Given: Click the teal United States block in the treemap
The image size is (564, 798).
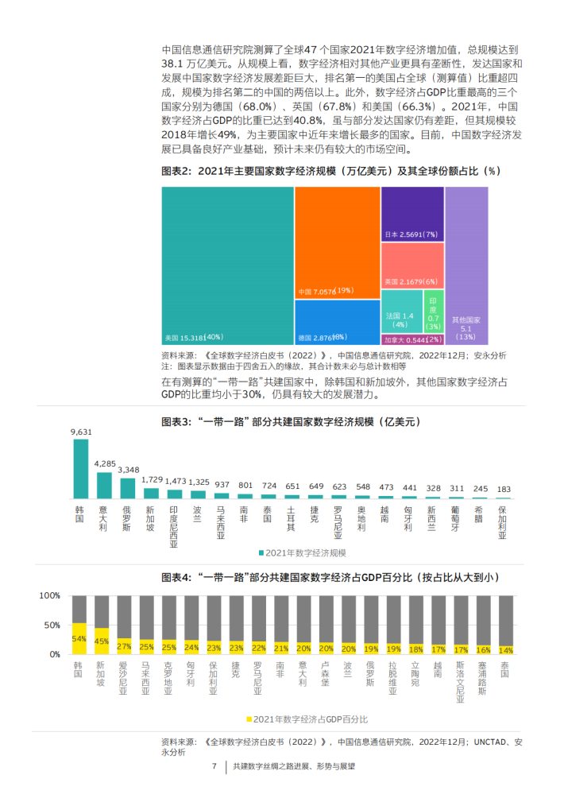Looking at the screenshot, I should tap(226, 262).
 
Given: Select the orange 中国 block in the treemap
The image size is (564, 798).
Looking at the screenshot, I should tap(337, 238).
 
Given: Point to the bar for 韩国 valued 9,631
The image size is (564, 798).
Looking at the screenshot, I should tap(80, 469).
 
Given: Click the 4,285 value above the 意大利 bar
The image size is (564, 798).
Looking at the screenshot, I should tap(105, 463).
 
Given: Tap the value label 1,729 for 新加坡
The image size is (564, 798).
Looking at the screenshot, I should tap(152, 479).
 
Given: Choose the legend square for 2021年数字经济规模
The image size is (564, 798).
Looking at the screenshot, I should tap(261, 552).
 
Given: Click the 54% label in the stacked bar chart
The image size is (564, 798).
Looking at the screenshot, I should tap(79, 638).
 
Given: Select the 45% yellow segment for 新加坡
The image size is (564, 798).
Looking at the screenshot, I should tap(102, 641).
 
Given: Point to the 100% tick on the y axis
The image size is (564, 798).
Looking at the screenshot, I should tap(49, 596).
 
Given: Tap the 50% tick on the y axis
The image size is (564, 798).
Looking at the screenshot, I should tap(52, 626).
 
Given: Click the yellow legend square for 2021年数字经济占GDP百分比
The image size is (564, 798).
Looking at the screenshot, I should tap(249, 719).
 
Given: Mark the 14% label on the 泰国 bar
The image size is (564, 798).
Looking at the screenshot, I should tap(506, 649).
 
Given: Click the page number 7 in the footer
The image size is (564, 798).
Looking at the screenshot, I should tap(214, 767).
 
